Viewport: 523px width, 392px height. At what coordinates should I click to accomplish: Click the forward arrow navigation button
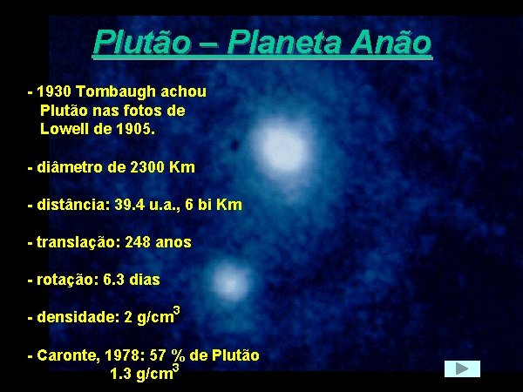point(461,369)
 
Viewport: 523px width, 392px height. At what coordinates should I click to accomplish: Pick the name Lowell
point(65,129)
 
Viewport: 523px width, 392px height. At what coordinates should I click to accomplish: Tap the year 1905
point(134,129)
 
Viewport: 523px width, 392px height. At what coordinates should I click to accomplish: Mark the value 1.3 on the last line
point(121,375)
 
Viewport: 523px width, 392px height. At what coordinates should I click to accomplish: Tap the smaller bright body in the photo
point(229,284)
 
